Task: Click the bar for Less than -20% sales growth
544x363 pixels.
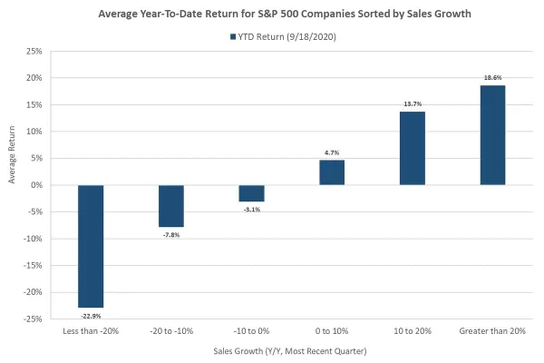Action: click(90, 246)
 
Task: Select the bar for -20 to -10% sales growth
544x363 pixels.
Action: click(170, 206)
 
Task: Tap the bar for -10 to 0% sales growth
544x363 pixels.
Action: click(251, 193)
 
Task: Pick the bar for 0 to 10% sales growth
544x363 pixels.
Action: click(331, 172)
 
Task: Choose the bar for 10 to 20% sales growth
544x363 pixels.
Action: click(412, 148)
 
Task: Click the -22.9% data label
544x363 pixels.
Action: click(90, 314)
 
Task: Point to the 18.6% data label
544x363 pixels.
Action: click(492, 79)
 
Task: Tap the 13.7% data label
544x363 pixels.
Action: click(412, 105)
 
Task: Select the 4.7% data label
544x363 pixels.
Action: click(331, 153)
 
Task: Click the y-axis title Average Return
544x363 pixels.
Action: click(13, 184)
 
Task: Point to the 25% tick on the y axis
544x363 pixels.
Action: click(34, 51)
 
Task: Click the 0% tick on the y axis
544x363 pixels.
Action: click(37, 185)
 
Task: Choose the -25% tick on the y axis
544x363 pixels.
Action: click(34, 319)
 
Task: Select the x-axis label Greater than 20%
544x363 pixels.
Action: click(492, 332)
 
